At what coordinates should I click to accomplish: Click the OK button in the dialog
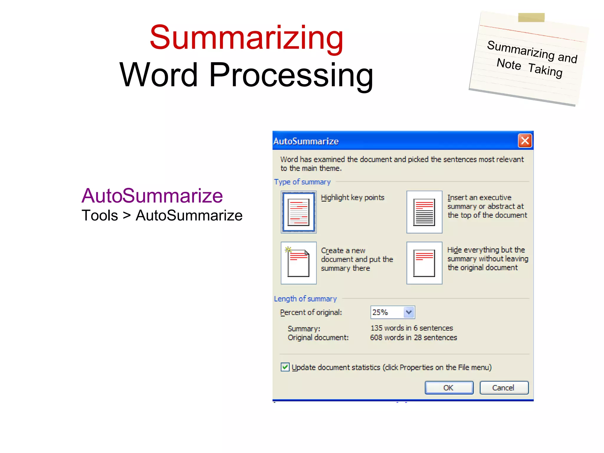449,388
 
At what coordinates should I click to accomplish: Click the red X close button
525,141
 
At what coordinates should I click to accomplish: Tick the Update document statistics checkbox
285,367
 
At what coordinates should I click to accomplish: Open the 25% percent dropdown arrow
409,312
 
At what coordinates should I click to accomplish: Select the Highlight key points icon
298,212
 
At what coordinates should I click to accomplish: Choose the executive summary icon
424,212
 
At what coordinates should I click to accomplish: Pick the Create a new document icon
298,263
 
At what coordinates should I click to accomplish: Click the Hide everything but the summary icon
424,263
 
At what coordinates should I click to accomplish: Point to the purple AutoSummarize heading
152,196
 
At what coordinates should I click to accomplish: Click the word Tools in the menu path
100,216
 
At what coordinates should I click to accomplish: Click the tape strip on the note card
531,18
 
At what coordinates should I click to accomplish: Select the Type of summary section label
302,182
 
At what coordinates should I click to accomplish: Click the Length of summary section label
305,299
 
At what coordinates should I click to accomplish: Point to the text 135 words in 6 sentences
411,328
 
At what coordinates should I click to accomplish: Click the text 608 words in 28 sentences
413,337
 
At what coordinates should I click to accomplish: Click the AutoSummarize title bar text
306,141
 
